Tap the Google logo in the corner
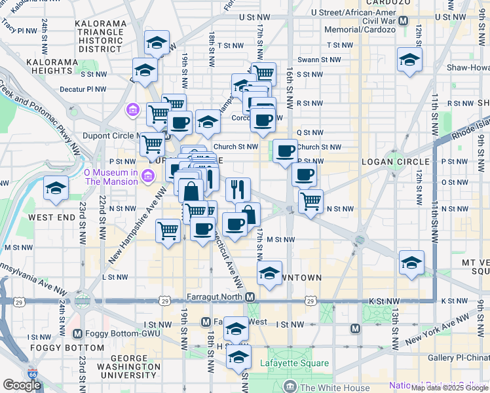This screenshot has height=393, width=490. pos(22,385)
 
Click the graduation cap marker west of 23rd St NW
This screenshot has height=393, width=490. pos(56,189)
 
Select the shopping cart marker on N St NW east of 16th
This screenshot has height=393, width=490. pos(311,201)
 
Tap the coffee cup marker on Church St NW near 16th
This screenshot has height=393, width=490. pos(285,151)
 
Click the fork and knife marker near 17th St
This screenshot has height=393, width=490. pos(238,189)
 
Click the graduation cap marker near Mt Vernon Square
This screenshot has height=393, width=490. pos(411,263)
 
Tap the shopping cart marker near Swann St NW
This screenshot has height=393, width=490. pos(263,74)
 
